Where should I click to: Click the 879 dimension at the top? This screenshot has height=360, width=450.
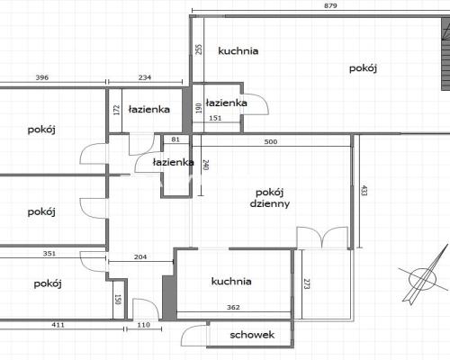[330, 5]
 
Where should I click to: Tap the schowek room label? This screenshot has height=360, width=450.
[252, 335]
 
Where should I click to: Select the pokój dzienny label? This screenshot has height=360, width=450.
[270, 198]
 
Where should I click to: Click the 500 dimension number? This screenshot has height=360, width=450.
[271, 141]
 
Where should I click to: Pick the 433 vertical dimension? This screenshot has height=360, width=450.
[364, 191]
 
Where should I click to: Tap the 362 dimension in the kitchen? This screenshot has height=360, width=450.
[233, 307]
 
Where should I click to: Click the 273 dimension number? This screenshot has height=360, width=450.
[307, 283]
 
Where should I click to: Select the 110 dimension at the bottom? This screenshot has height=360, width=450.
[143, 325]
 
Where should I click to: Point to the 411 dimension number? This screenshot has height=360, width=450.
[58, 325]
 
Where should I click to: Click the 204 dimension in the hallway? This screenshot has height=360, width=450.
[140, 256]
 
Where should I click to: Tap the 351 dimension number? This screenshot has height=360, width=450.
[49, 254]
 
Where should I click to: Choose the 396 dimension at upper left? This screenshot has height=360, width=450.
[42, 77]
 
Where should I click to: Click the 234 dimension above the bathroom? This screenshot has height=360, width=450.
[145, 77]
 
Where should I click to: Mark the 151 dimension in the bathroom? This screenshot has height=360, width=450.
[215, 118]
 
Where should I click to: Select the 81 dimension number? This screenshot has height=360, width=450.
[175, 139]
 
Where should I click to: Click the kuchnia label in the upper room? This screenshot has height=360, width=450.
[238, 50]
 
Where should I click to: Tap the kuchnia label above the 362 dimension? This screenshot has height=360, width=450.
[231, 281]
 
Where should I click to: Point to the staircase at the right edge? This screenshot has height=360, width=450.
[445, 53]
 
